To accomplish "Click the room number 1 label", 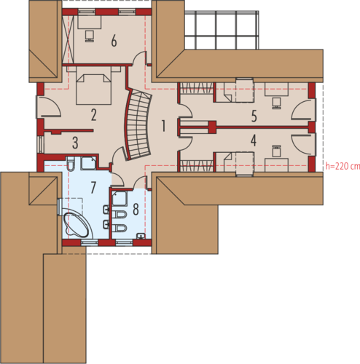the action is pyautogui.click(x=164, y=126).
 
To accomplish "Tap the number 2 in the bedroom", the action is pyautogui.click(x=93, y=115).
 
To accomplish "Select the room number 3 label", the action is pyautogui.click(x=75, y=143).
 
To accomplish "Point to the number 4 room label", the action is pyautogui.click(x=254, y=141).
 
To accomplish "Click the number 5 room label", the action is pyautogui.click(x=254, y=116).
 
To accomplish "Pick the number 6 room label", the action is pyautogui.click(x=114, y=41).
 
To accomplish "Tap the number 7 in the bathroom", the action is pyautogui.click(x=93, y=187).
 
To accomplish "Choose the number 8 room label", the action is pyautogui.click(x=136, y=209).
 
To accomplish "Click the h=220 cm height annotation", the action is pyautogui.click(x=343, y=166).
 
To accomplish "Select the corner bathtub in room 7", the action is pyautogui.click(x=77, y=225).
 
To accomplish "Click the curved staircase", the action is pyautogui.click(x=138, y=124).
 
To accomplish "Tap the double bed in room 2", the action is pyautogui.click(x=93, y=89).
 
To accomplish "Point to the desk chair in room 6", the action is pyautogui.click(x=89, y=36).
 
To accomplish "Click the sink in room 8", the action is pyautogui.click(x=141, y=236).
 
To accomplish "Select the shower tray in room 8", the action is pyautogui.click(x=120, y=199).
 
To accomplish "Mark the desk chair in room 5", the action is pyautogui.click(x=276, y=103).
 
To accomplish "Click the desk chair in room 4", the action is pyautogui.click(x=276, y=151).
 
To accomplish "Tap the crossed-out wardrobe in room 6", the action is pyautogui.click(x=68, y=39).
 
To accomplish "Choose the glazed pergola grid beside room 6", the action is pyautogui.click(x=222, y=30).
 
